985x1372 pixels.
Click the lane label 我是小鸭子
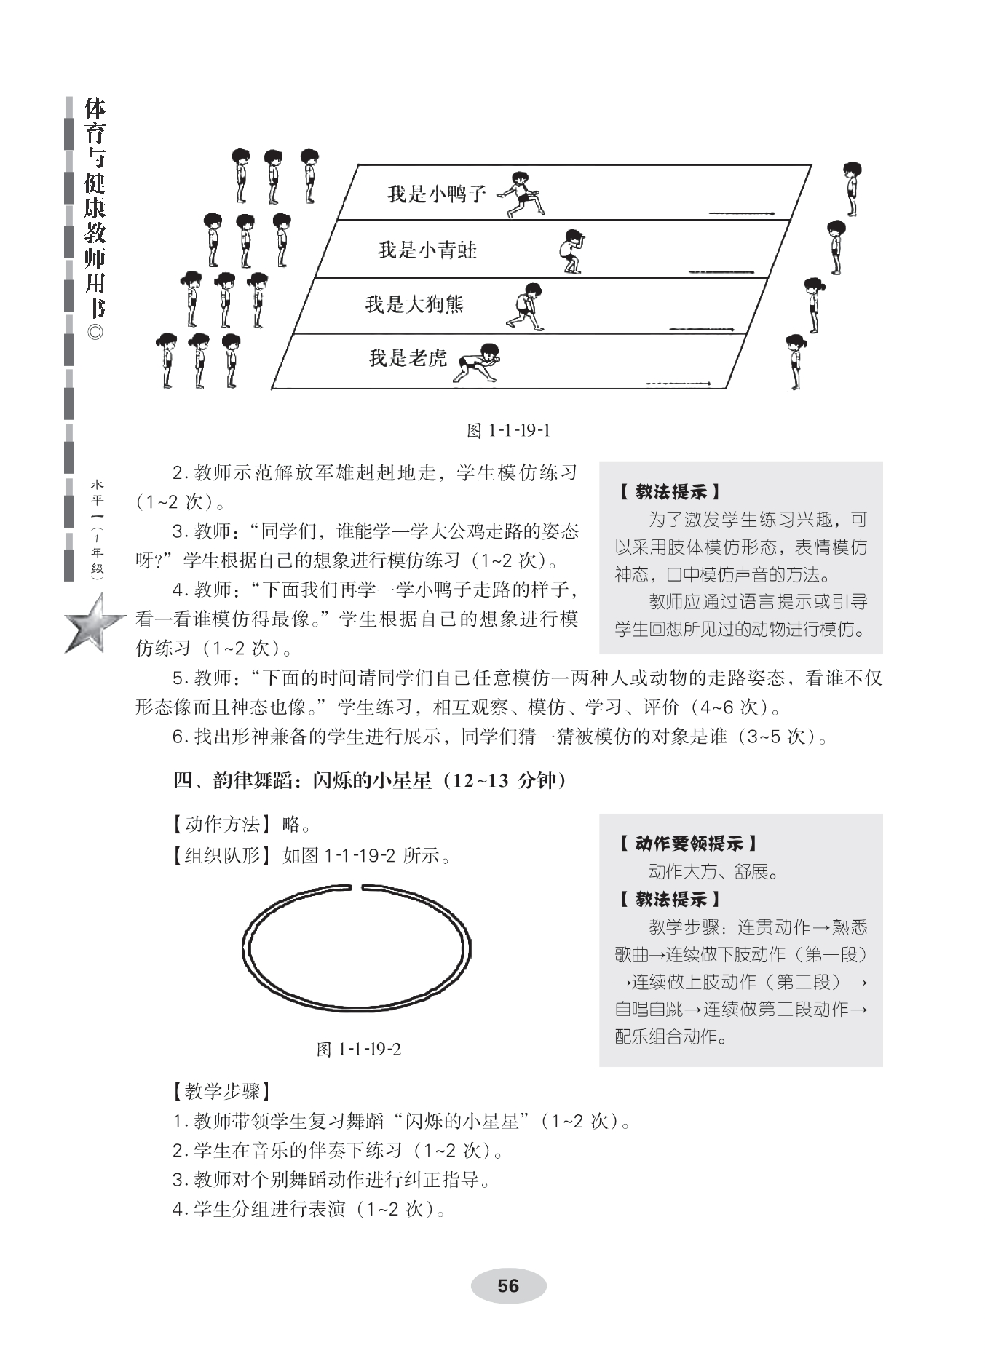(x=436, y=194)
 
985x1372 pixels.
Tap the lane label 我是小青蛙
(x=427, y=250)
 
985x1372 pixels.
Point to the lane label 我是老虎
(x=408, y=358)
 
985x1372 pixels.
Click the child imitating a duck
(x=521, y=194)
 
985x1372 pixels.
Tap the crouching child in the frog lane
(x=572, y=251)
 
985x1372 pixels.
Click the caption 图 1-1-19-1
(x=507, y=430)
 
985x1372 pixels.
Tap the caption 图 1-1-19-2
(x=359, y=1049)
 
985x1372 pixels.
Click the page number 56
(x=508, y=1286)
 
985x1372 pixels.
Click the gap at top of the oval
(x=357, y=887)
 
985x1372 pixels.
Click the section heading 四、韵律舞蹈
(x=369, y=781)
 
